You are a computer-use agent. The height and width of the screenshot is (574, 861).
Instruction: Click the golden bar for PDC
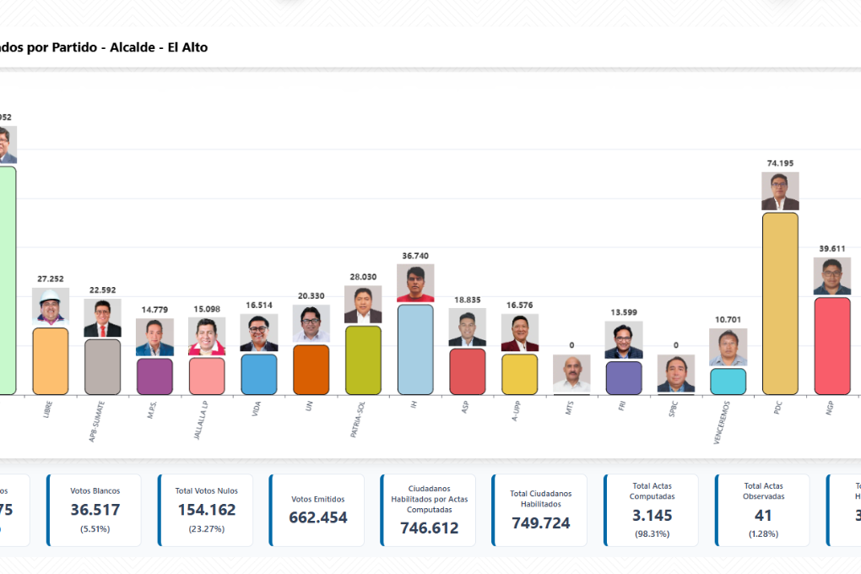(780, 304)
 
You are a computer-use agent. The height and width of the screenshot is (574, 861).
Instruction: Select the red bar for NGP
(831, 346)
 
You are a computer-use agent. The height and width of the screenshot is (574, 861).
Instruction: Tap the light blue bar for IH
(415, 349)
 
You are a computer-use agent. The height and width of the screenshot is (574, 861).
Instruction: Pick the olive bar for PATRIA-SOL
(363, 360)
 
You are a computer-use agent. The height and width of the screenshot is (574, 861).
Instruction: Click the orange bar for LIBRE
(51, 361)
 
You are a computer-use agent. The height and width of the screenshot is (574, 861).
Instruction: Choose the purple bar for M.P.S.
(154, 376)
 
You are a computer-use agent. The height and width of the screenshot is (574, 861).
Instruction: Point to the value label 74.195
(780, 163)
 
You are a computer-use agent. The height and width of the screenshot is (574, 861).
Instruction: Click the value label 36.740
(415, 255)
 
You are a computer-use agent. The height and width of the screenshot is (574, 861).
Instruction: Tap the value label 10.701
(728, 319)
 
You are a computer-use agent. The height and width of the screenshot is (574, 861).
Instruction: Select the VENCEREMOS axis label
(722, 422)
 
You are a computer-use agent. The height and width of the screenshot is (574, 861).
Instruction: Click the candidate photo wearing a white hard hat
(51, 306)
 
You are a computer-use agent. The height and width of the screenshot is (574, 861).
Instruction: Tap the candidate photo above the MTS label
(571, 373)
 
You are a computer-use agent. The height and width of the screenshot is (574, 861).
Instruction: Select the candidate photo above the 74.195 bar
(780, 192)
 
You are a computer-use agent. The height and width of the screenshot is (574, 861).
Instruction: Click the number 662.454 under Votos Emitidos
(317, 517)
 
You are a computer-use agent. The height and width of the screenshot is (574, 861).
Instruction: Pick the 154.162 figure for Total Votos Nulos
(206, 510)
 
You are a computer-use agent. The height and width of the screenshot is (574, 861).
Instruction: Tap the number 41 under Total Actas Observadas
(763, 516)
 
